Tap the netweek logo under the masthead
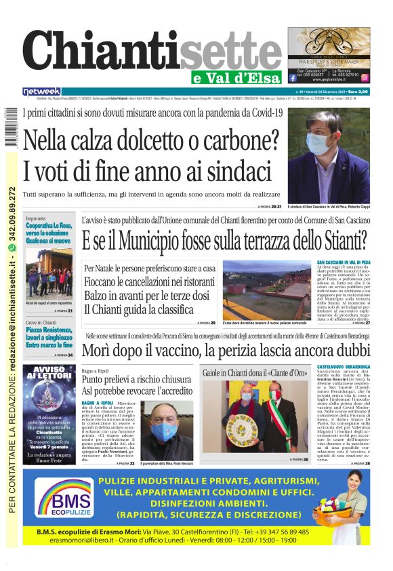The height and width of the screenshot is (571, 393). [41, 92]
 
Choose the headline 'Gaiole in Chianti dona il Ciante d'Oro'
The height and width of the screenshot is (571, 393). [256, 373]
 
